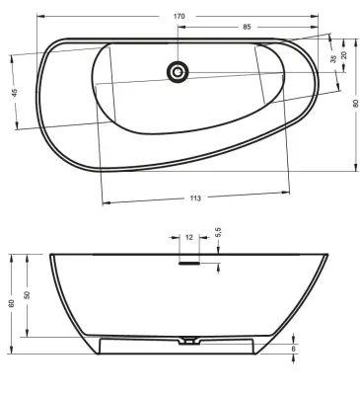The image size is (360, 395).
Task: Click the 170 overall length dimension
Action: (x=179, y=16)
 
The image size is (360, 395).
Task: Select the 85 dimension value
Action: (x=247, y=27)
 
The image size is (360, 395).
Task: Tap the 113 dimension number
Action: (x=195, y=198)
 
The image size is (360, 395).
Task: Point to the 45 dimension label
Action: (x=14, y=93)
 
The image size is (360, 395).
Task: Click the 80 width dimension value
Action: (x=355, y=104)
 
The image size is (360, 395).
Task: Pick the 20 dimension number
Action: (x=344, y=55)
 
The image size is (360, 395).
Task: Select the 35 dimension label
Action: (x=333, y=59)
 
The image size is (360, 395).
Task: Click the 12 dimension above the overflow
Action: (x=189, y=237)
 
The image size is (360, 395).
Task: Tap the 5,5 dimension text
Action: (x=219, y=232)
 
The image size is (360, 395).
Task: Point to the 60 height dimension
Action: (x=12, y=303)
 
